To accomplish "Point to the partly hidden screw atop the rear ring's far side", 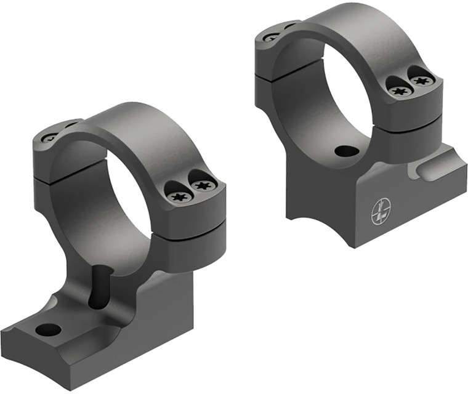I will tap(272, 37).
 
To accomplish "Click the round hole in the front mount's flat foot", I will tap(48, 329).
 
